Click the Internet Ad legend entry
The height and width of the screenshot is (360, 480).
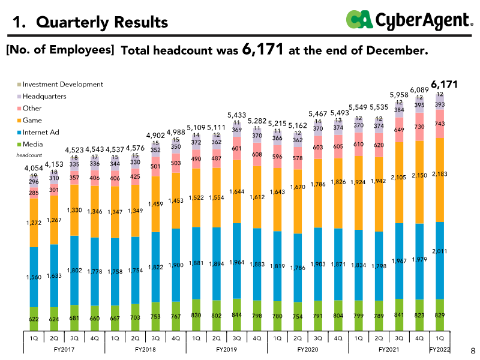point(41,132)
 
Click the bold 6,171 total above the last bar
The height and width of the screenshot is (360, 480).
point(444,85)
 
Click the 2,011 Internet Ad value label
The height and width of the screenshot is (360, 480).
point(440,251)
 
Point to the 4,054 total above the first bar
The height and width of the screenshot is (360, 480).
point(34,168)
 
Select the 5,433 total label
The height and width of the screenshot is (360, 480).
point(237,115)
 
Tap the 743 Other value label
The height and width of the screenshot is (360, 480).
point(440,123)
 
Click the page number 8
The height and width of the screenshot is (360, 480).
point(472,349)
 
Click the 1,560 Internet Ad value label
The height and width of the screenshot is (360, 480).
point(34,278)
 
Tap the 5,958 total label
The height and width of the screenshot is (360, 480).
point(399,95)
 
